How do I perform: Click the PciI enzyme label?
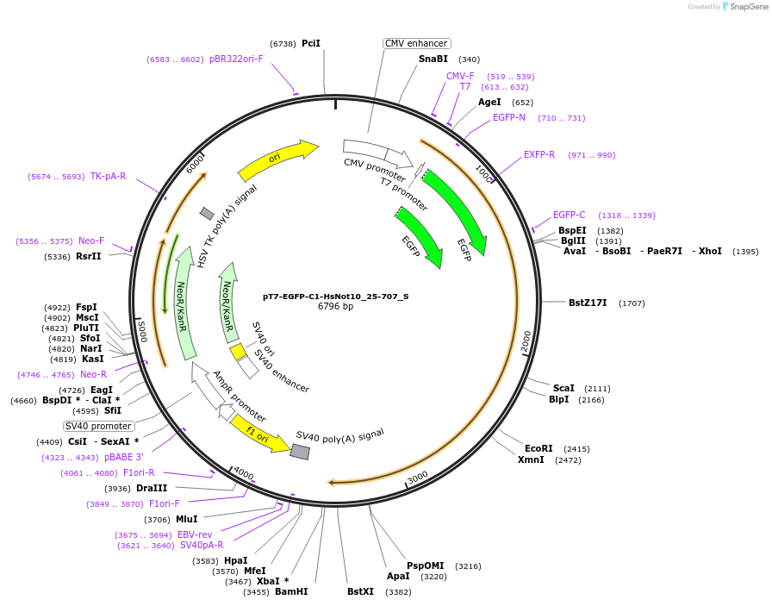pos(311,43)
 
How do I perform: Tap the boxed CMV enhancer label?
pos(417,43)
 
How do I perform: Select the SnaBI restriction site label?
pos(433,59)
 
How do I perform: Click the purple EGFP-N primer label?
pos(508,118)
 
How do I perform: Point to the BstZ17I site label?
pos(588,303)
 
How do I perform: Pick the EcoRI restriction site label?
pos(539,449)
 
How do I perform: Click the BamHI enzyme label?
pos(291,592)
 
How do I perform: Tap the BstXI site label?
pos(361,592)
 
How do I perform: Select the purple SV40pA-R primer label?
pos(202,546)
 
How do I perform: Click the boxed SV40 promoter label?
pos(99,426)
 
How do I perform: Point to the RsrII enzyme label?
pos(89,257)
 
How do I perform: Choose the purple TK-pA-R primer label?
pos(108,177)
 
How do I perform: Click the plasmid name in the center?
pos(335,296)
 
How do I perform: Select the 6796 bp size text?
pos(335,306)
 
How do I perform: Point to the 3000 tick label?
pos(417,478)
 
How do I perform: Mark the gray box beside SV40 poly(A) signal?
pos(300,451)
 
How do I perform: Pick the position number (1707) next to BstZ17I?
pos(632,303)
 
